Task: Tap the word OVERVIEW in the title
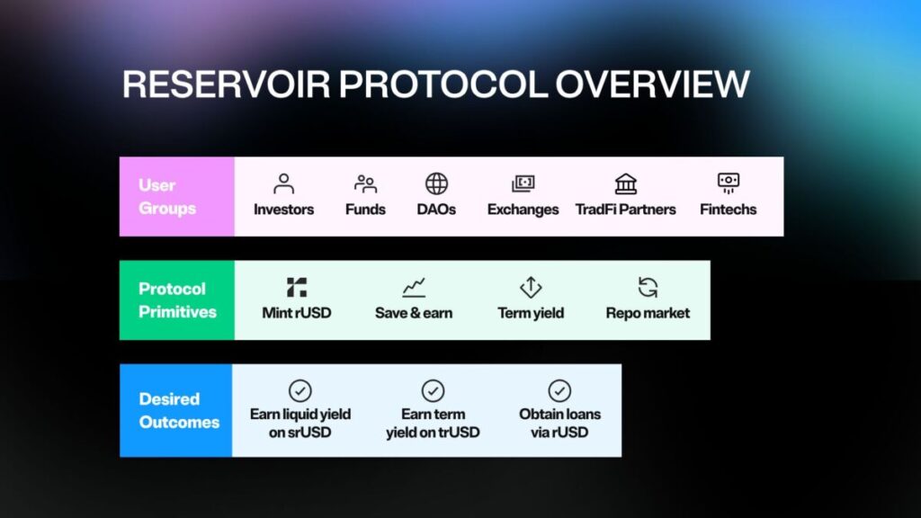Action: click(x=652, y=84)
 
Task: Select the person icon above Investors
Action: click(x=283, y=183)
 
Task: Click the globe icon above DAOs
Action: click(x=436, y=183)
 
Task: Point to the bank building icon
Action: click(x=626, y=183)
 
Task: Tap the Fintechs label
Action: click(x=728, y=210)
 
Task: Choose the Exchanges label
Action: click(x=523, y=210)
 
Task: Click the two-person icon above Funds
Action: click(x=365, y=183)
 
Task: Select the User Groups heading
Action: click(x=167, y=197)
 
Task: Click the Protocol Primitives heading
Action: click(x=177, y=300)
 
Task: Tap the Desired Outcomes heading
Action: click(x=179, y=410)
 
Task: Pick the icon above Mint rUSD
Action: click(x=297, y=287)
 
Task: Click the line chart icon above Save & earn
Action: click(x=414, y=287)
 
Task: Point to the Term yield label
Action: click(x=531, y=313)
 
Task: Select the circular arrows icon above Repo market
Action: click(x=648, y=287)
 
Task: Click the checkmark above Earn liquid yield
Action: click(x=300, y=390)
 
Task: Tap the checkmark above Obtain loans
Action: click(x=559, y=390)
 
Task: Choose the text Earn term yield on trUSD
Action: click(x=433, y=424)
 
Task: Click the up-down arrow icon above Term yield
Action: click(x=531, y=287)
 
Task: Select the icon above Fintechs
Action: click(x=729, y=183)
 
